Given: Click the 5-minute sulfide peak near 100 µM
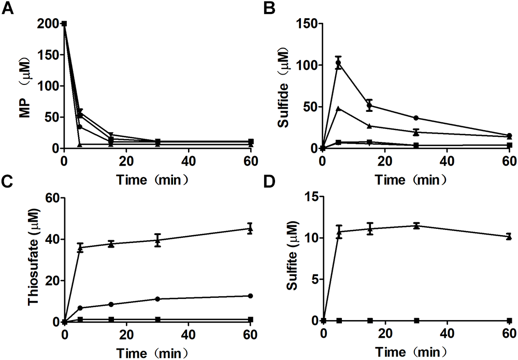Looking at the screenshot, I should click(339, 63).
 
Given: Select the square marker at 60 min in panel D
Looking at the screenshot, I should click(509, 321).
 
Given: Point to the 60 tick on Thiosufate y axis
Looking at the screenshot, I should click(51, 197).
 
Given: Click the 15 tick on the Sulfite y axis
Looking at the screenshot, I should click(310, 197).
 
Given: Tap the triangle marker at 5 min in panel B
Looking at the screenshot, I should click(339, 108).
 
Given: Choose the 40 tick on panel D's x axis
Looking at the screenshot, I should click(447, 333).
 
